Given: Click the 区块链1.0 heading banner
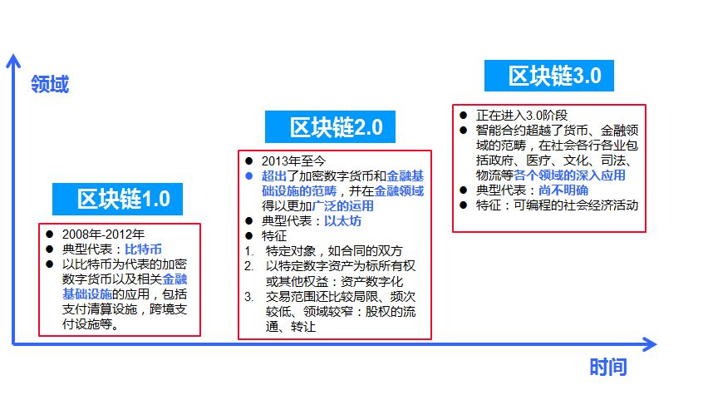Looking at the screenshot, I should tap(116, 200).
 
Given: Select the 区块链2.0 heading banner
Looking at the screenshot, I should tap(330, 127).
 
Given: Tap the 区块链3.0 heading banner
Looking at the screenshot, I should tap(548, 77).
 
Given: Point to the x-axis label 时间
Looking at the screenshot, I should tap(607, 368).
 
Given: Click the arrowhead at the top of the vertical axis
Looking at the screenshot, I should tap(12, 60).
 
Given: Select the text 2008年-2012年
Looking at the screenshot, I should tap(103, 234).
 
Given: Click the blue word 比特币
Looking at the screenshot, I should tap(143, 249).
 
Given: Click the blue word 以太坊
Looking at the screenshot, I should tap(342, 221).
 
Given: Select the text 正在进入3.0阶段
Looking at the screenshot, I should tap(522, 115).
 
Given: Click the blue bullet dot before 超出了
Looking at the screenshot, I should tap(248, 176).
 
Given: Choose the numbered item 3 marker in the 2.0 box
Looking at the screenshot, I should tap(248, 297).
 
